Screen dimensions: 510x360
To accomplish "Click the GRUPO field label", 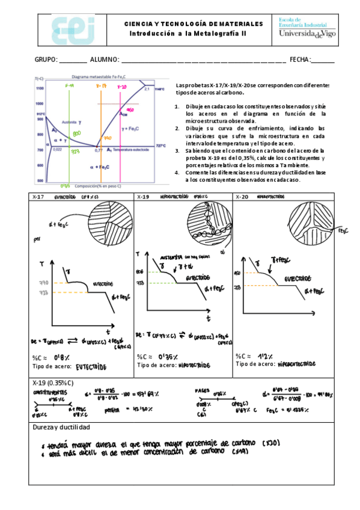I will (x=46, y=60).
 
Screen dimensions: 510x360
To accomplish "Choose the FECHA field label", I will (x=300, y=60).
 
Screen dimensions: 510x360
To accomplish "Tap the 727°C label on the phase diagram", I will (x=160, y=146).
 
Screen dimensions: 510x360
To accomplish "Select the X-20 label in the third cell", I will (x=242, y=197).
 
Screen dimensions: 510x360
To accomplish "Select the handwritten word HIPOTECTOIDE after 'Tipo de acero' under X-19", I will (x=194, y=365).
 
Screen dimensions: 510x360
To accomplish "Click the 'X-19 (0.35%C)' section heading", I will (x=53, y=383).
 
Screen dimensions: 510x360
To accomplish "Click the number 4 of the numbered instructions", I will (x=177, y=173).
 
